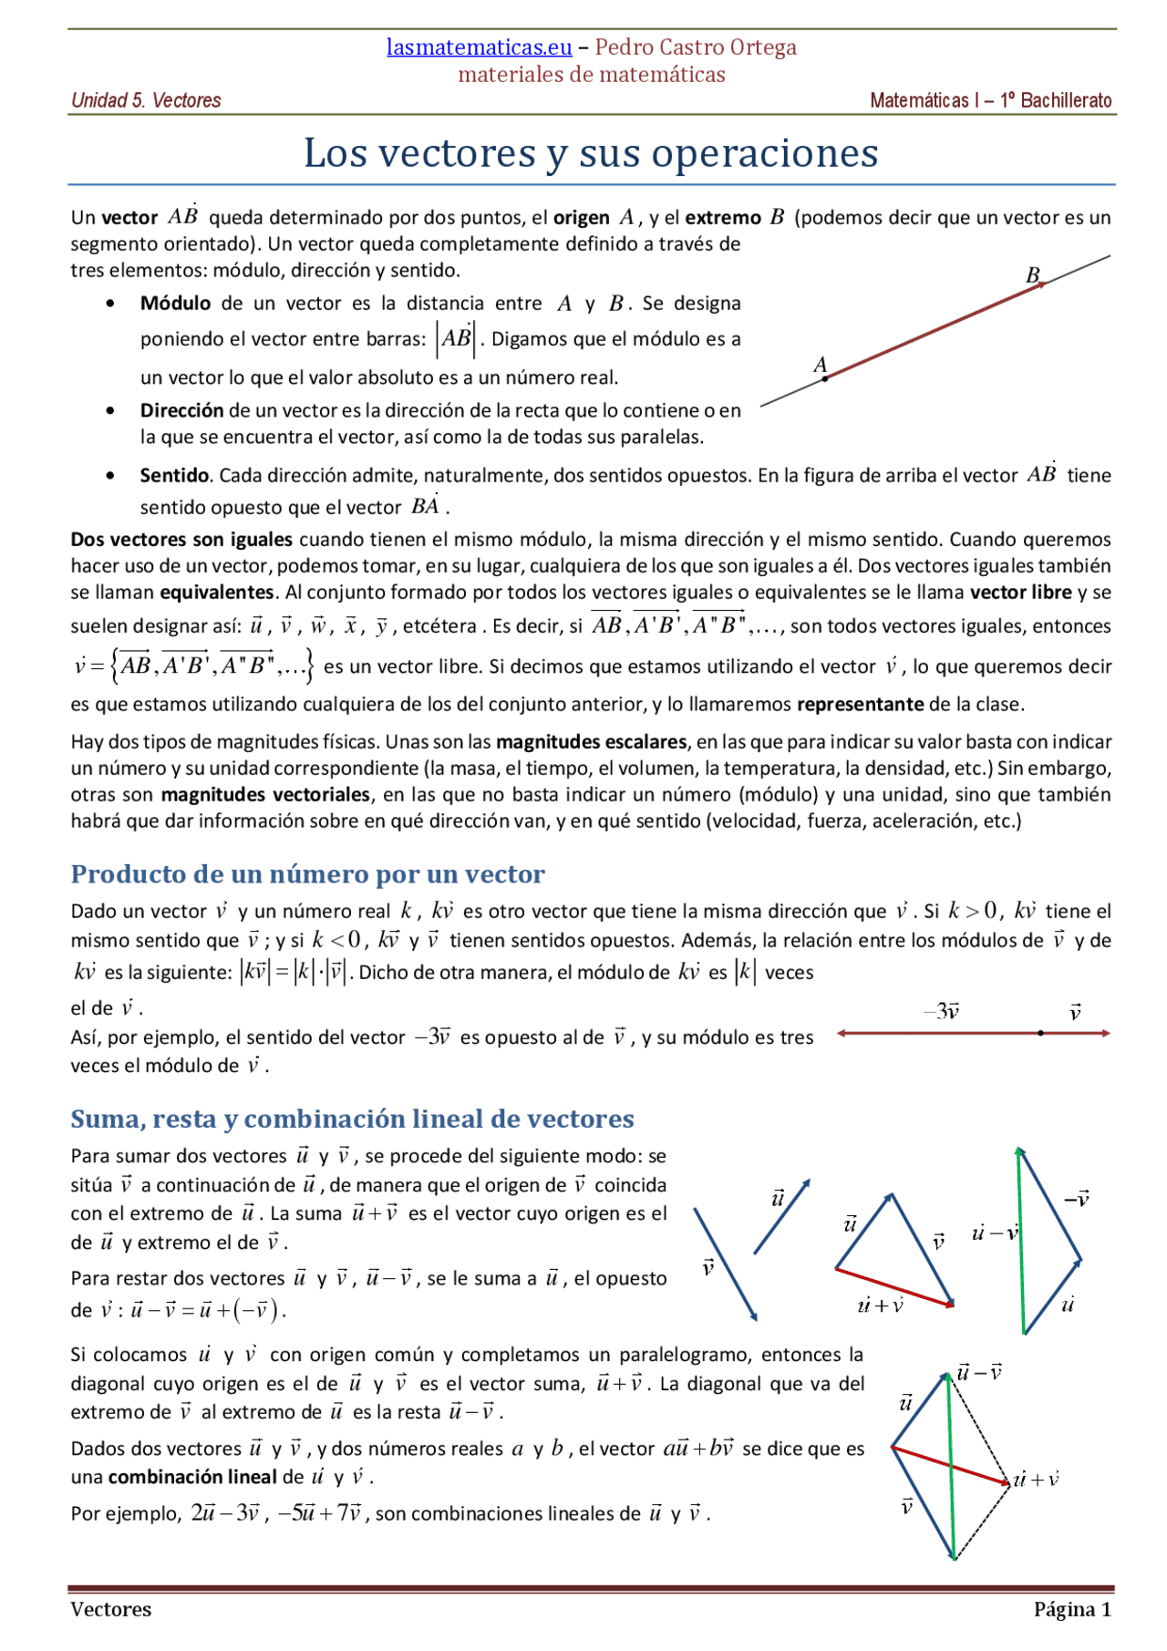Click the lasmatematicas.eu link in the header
[x=479, y=47]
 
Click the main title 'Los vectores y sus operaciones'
[x=591, y=153]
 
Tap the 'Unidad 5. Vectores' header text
[x=146, y=100]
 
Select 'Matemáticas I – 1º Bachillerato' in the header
[x=990, y=100]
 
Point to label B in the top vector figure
[x=1032, y=274]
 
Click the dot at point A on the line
[x=825, y=378]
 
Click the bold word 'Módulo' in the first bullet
[x=175, y=304]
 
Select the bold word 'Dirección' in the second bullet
[x=181, y=410]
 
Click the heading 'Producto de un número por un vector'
[x=307, y=874]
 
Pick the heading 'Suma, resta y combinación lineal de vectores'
[x=352, y=1119]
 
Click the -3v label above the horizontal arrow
[x=942, y=1011]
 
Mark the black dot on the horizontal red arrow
[x=1040, y=1033]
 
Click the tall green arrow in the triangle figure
[x=1021, y=1240]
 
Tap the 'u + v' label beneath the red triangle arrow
[x=880, y=1305]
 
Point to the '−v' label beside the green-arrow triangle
[x=1077, y=1199]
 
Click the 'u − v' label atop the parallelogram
[x=980, y=1372]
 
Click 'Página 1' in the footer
[x=1072, y=1610]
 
